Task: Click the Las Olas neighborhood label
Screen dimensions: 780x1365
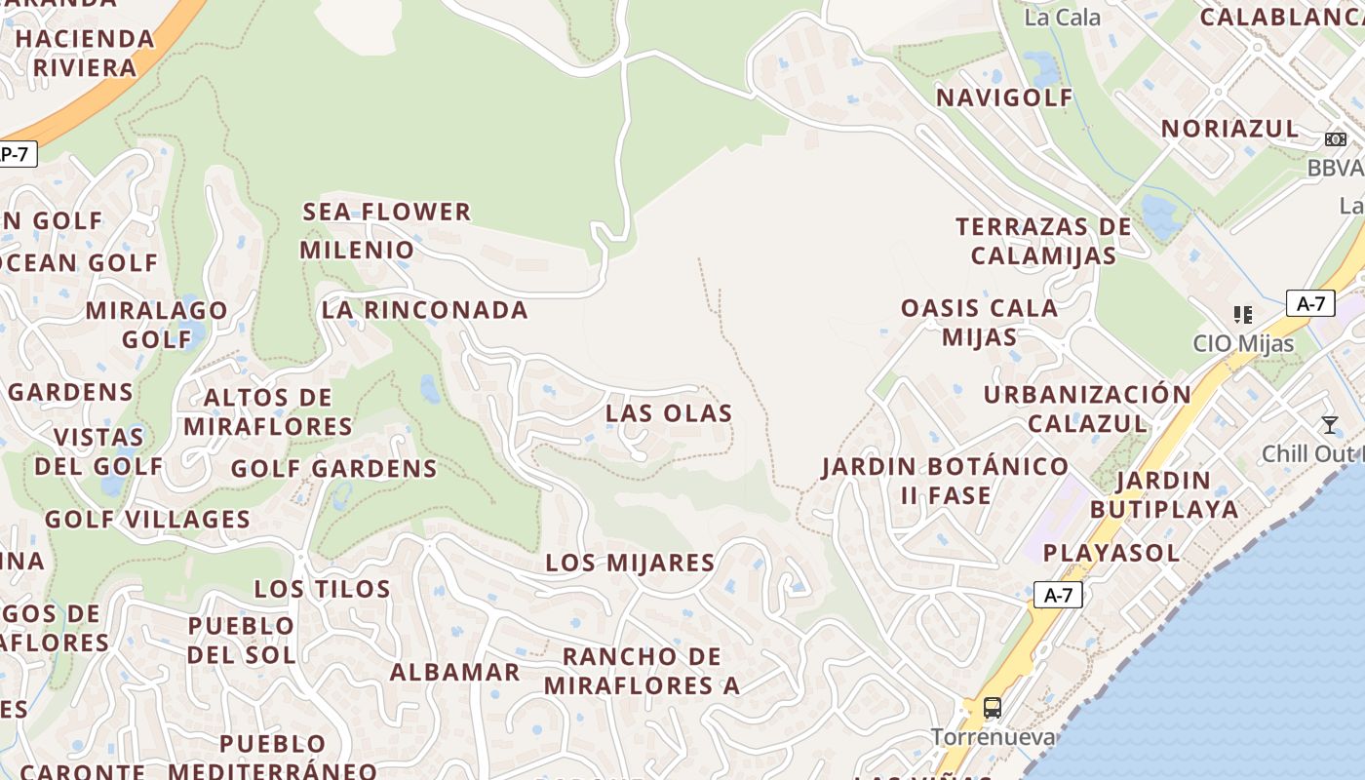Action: point(669,413)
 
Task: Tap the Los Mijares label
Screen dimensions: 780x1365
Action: point(630,563)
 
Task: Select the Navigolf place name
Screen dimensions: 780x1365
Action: point(1004,97)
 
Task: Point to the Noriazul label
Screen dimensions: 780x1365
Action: point(1229,129)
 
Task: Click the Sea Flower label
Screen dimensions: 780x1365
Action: point(387,212)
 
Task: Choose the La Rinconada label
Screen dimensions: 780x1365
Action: point(425,310)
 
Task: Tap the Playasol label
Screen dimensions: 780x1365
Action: point(1111,553)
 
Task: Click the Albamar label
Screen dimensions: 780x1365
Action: point(455,672)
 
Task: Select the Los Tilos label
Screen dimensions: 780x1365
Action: point(323,589)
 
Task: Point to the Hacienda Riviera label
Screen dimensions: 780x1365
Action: point(85,54)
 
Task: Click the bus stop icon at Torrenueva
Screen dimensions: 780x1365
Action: point(993,708)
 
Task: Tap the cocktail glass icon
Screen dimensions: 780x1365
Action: point(1329,425)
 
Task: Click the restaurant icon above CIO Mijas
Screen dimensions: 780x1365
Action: point(1242,315)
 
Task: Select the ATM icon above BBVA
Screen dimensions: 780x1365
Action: point(1335,139)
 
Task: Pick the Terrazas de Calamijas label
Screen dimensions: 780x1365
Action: point(1043,241)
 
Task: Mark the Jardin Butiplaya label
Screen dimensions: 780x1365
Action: point(1164,494)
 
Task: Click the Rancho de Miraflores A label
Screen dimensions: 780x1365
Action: point(642,671)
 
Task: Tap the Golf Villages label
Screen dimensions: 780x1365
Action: point(148,519)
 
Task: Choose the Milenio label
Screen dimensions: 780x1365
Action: point(357,250)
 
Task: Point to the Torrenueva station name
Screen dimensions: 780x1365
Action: point(993,737)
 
